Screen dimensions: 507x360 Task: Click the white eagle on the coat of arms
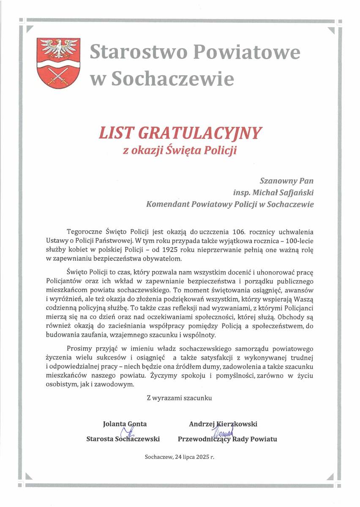pos(58,48)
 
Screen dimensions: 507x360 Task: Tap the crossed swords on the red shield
pos(58,77)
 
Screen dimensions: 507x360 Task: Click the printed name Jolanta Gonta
pos(125,424)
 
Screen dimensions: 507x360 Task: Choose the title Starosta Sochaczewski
pos(123,439)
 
